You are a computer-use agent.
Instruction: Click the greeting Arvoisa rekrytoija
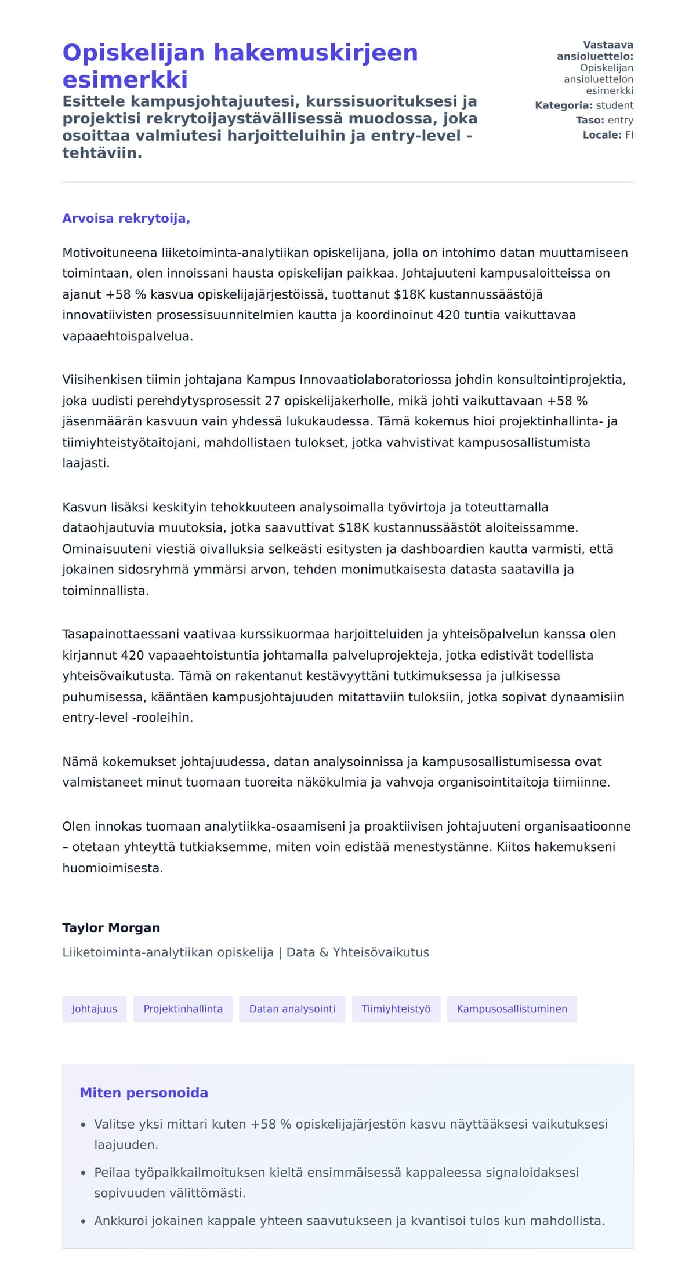[x=126, y=219]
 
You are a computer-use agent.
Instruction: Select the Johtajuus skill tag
[x=95, y=1009]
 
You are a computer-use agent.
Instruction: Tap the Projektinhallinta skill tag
[x=183, y=1009]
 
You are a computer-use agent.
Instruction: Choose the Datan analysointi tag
[x=292, y=1009]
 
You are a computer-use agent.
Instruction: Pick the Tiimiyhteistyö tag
[x=396, y=1009]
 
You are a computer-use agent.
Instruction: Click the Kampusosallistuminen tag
[x=512, y=1009]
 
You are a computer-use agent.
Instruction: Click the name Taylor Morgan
[x=111, y=927]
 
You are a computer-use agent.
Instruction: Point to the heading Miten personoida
[x=143, y=1093]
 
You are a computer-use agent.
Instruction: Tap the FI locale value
[x=629, y=135]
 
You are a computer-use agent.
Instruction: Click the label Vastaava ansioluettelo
[x=595, y=51]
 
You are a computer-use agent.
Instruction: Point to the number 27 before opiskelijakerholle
[x=272, y=401]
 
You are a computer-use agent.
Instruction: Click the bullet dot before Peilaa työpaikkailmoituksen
[x=84, y=1173]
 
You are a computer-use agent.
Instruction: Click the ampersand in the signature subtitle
[x=323, y=952]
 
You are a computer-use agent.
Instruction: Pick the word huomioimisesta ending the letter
[x=112, y=868]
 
